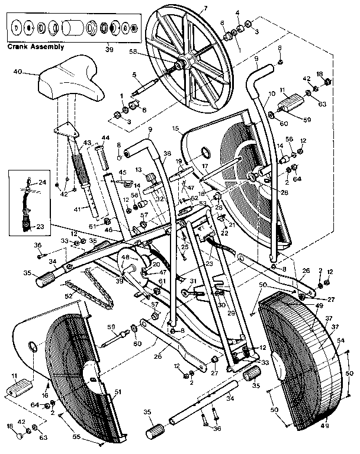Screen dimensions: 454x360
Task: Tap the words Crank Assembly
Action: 36,46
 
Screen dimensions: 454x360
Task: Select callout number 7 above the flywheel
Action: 205,8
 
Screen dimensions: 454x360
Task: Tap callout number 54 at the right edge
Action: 340,342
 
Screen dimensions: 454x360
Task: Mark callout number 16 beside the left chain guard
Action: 45,394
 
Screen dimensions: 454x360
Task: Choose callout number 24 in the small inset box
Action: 41,182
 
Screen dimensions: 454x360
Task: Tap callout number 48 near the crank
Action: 126,258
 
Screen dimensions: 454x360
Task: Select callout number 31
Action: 192,281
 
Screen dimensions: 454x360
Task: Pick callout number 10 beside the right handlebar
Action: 272,94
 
